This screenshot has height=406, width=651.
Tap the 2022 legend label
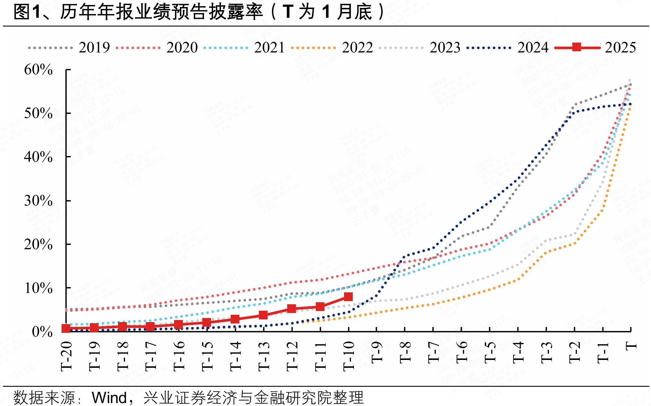coord(357,48)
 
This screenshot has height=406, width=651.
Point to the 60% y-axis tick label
coord(38,70)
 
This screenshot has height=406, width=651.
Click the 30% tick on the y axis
coord(38,201)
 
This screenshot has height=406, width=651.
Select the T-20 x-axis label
coord(66,356)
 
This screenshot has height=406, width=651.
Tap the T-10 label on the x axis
coord(349,356)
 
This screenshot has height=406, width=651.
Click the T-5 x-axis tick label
coord(490,353)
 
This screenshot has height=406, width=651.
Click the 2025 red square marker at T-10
coord(348,297)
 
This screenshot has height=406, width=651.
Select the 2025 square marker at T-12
coord(292,308)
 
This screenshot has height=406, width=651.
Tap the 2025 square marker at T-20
coord(66,328)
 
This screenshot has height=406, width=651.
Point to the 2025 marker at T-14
coord(235,319)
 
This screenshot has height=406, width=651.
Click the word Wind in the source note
coord(109,398)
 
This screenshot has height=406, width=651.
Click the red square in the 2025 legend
coord(577,47)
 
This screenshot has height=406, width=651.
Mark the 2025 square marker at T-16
coord(178,324)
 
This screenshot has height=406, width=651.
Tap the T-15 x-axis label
coord(207,356)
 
